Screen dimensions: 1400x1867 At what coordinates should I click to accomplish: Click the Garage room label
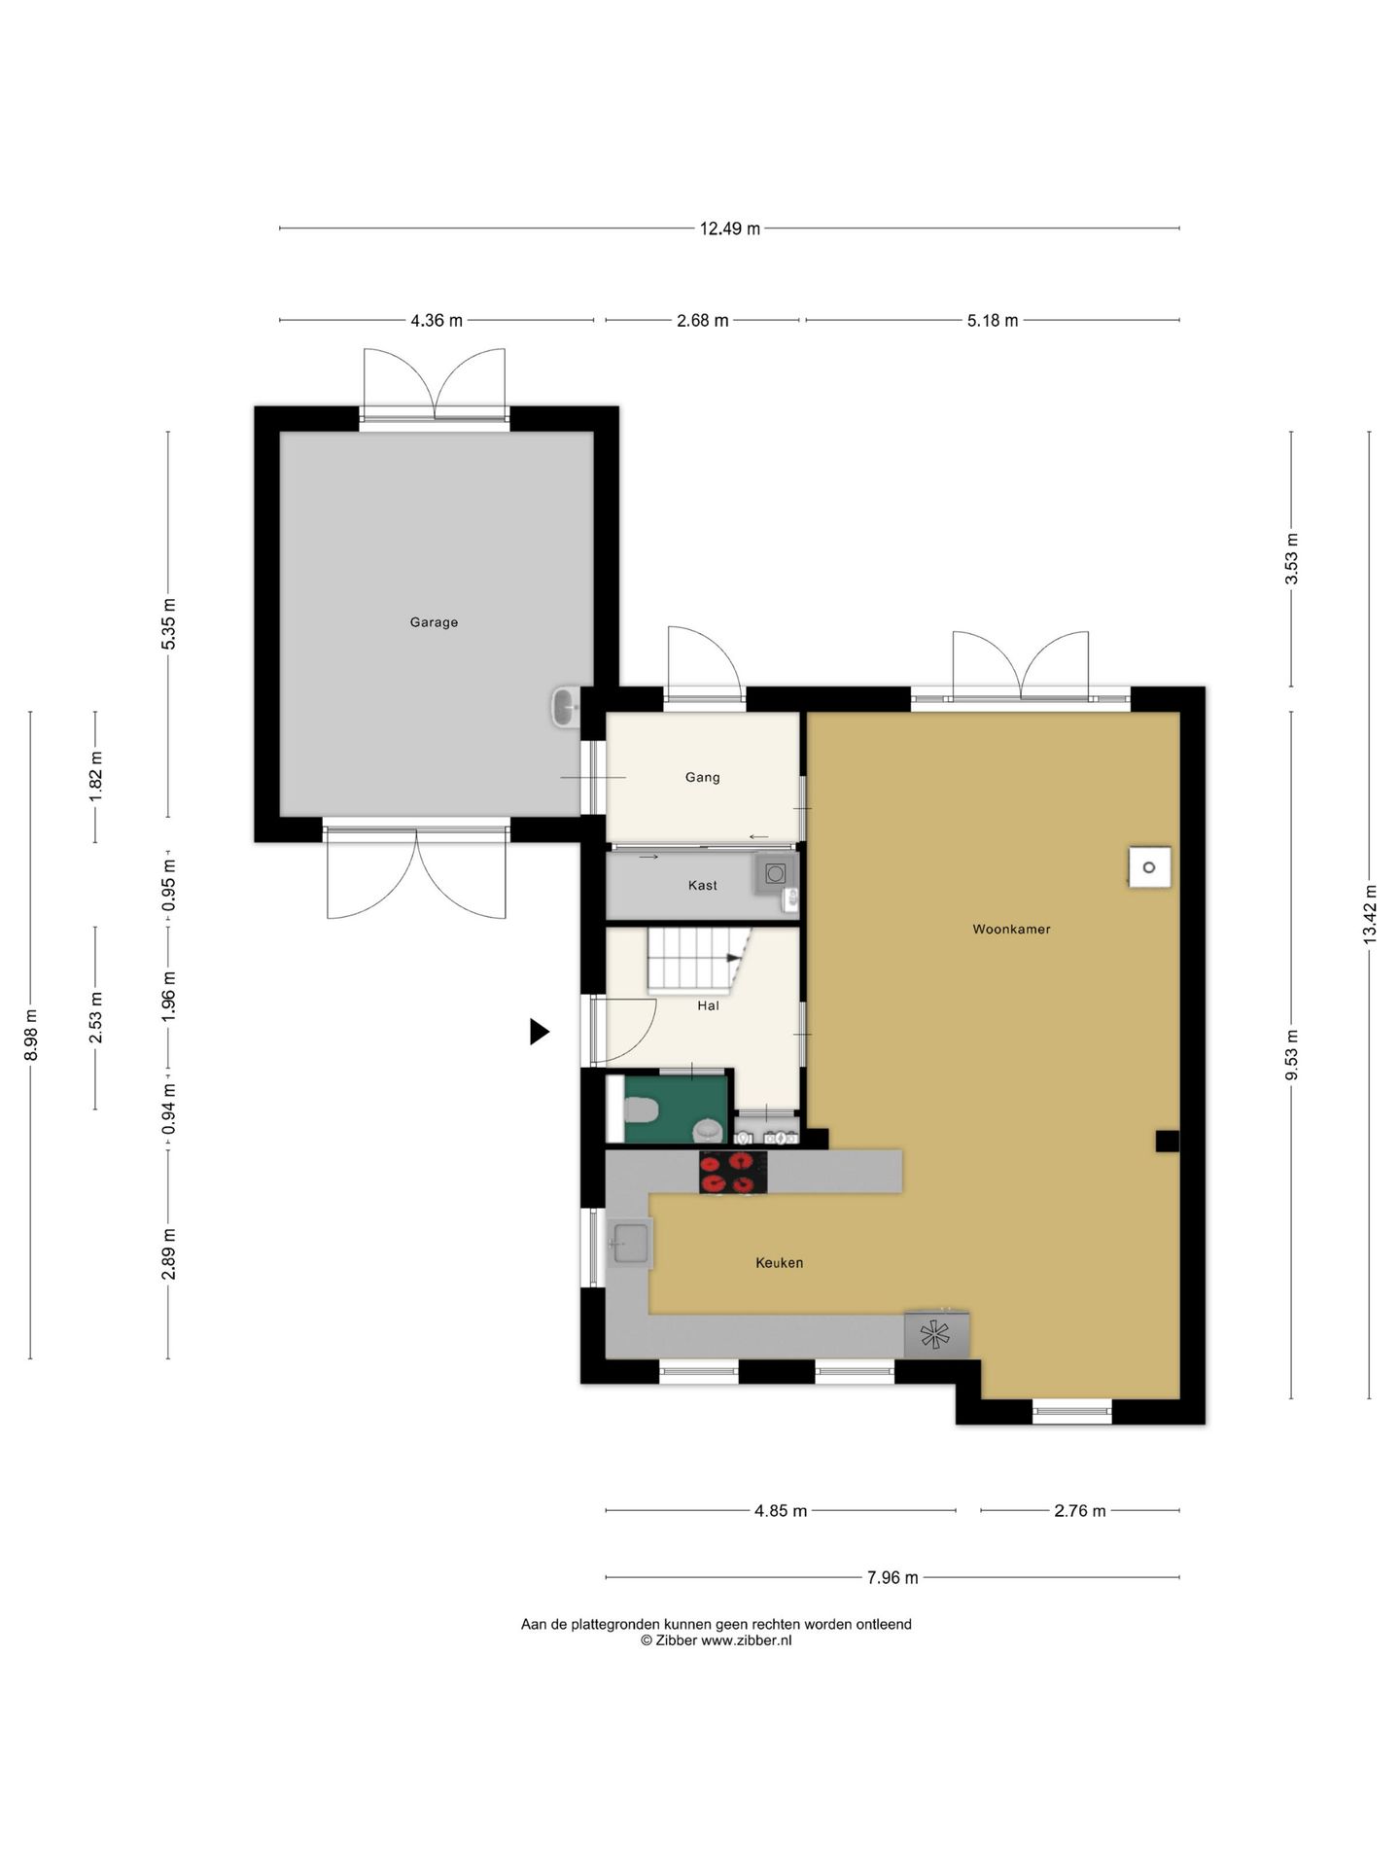click(434, 622)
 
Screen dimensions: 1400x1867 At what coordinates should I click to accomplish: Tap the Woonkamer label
click(1011, 929)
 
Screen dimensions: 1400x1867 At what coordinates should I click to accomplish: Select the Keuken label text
click(779, 1262)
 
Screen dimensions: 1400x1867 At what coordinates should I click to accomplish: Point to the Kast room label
click(702, 885)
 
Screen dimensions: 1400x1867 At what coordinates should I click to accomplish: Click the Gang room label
click(702, 777)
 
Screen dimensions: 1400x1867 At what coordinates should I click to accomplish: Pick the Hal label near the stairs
click(708, 1005)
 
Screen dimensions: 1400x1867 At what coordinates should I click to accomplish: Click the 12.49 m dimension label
click(730, 229)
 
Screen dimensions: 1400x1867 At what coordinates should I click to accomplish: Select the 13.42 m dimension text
click(1370, 914)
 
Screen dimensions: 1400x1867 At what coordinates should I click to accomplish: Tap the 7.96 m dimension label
click(892, 1577)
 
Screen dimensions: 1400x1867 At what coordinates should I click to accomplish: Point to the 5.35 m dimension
click(168, 624)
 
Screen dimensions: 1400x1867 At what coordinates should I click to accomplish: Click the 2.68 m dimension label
click(703, 320)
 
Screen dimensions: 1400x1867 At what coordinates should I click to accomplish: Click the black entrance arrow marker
click(540, 1032)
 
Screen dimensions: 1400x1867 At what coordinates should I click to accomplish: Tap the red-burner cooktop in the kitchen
click(732, 1172)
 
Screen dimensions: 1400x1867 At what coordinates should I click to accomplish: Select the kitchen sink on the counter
click(630, 1243)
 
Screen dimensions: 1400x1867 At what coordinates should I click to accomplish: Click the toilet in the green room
click(641, 1109)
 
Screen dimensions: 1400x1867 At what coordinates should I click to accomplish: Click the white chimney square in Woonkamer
click(1149, 866)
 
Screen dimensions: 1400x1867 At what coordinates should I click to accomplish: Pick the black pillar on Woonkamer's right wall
click(1167, 1141)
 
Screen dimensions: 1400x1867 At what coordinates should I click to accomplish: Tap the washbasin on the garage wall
click(565, 707)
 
